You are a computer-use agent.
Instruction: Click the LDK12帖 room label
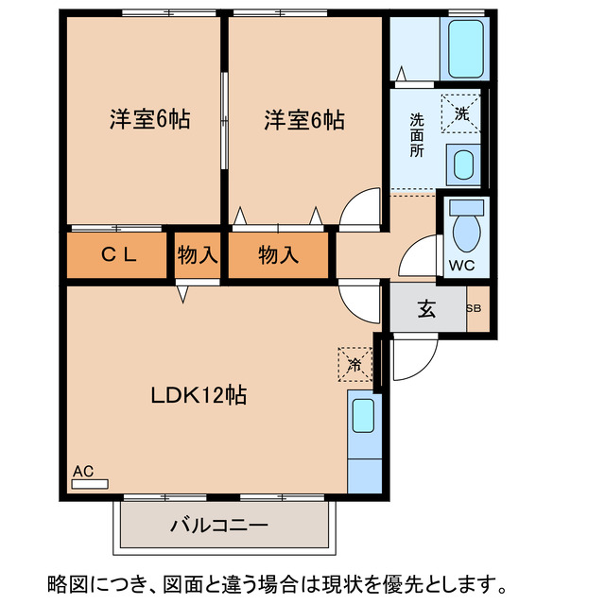(199, 395)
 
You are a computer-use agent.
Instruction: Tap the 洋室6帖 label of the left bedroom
(149, 121)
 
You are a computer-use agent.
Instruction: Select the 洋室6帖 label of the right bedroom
(304, 121)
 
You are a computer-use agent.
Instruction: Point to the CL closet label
(119, 254)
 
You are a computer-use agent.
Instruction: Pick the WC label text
(461, 266)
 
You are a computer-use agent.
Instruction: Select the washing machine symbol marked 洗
(461, 113)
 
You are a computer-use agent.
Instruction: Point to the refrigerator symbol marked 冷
(354, 363)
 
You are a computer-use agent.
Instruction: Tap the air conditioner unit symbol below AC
(90, 483)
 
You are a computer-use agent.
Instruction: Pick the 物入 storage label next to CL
(198, 254)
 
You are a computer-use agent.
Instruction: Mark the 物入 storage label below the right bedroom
(279, 254)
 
